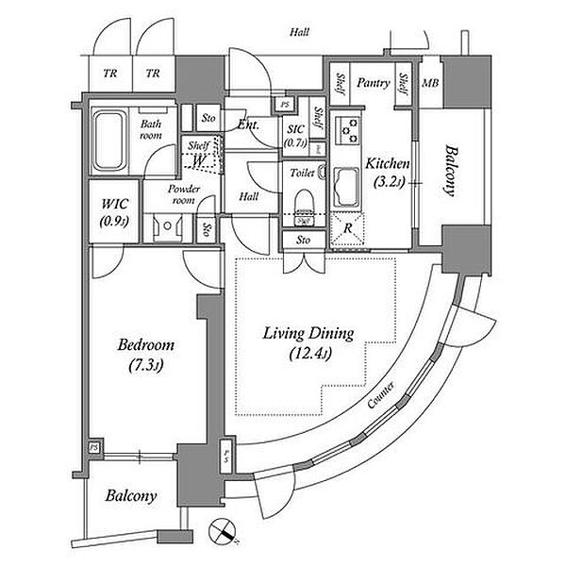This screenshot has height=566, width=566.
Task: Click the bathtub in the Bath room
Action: [x=113, y=141]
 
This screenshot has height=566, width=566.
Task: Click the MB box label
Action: [x=429, y=84]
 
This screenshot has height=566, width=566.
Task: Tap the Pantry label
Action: [x=374, y=84]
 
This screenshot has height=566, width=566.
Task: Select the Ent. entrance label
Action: [x=249, y=124]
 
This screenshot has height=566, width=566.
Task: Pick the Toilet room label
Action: [x=302, y=173]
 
